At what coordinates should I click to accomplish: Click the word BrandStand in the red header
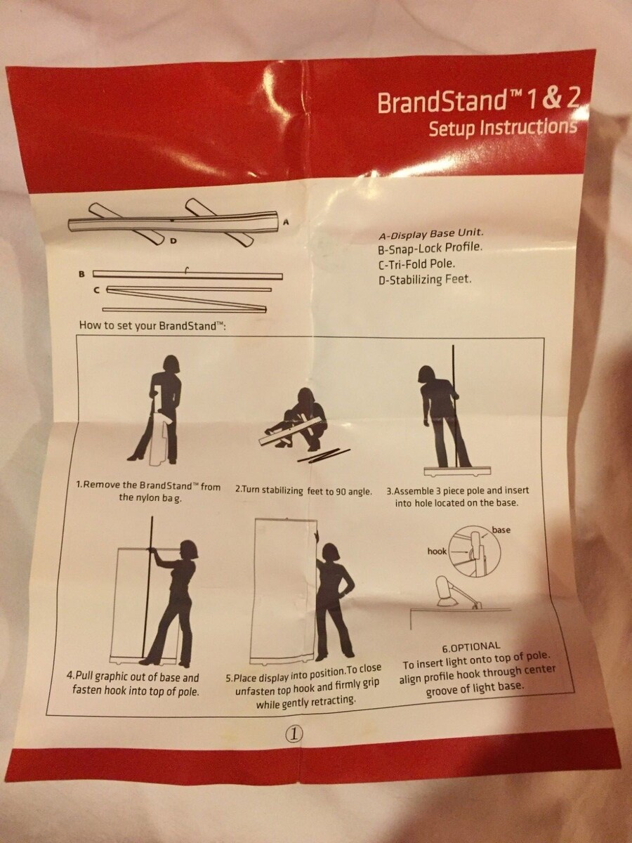pyautogui.click(x=440, y=102)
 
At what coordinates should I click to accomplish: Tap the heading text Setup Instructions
pyautogui.click(x=503, y=129)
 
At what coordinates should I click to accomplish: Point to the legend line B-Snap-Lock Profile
pyautogui.click(x=430, y=249)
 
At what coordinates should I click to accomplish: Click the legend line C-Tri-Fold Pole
pyautogui.click(x=416, y=264)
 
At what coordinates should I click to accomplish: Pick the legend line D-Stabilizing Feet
pyautogui.click(x=425, y=280)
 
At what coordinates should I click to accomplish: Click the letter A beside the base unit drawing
pyautogui.click(x=286, y=222)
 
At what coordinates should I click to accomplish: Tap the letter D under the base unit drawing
pyautogui.click(x=173, y=241)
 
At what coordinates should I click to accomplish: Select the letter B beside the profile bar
pyautogui.click(x=81, y=274)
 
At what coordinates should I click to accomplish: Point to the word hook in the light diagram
pyautogui.click(x=437, y=551)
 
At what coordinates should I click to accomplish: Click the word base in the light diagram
pyautogui.click(x=501, y=530)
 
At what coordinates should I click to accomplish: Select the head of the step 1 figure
pyautogui.click(x=172, y=364)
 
